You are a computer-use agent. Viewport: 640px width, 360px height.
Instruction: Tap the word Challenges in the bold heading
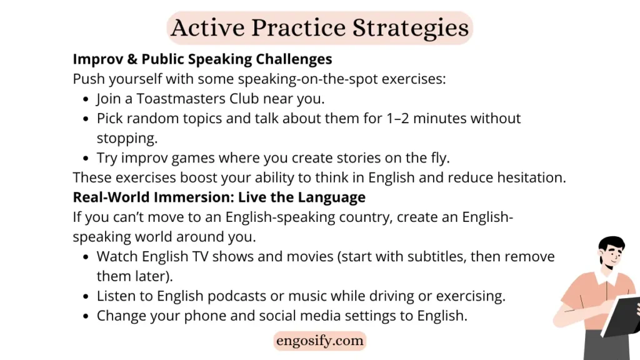click(x=294, y=59)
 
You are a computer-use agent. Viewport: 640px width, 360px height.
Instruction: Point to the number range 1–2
click(x=397, y=118)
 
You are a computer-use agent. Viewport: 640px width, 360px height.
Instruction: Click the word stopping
click(x=127, y=139)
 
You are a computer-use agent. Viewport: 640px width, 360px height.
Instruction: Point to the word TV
click(x=201, y=256)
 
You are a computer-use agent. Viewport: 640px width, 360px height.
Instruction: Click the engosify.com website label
click(x=319, y=341)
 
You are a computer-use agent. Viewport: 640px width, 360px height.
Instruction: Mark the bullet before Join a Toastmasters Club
click(x=85, y=99)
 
